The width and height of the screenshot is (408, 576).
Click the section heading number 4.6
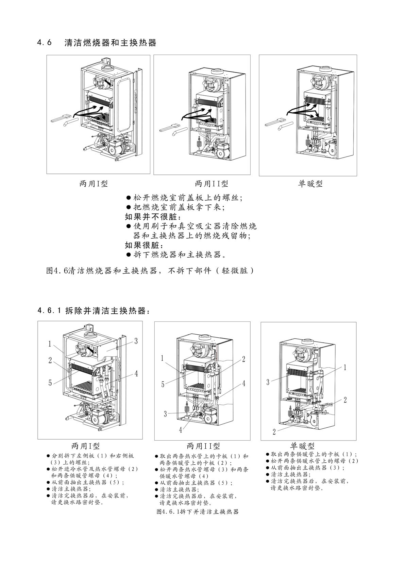(45, 43)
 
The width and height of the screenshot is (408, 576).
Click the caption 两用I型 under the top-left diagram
(93, 184)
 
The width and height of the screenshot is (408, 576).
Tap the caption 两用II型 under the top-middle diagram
(211, 184)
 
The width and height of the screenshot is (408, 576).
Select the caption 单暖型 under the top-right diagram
(310, 184)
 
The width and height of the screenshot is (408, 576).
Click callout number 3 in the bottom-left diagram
(136, 341)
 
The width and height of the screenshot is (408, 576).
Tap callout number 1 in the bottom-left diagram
(50, 344)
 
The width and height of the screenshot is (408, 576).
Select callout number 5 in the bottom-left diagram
(50, 383)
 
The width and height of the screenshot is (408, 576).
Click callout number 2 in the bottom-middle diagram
(243, 359)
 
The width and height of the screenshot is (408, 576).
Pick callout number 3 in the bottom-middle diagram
(166, 414)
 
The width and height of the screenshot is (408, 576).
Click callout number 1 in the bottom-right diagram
(345, 367)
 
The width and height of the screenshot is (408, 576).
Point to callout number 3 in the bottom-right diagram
(268, 382)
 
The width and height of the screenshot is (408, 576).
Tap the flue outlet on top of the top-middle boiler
(217, 72)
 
